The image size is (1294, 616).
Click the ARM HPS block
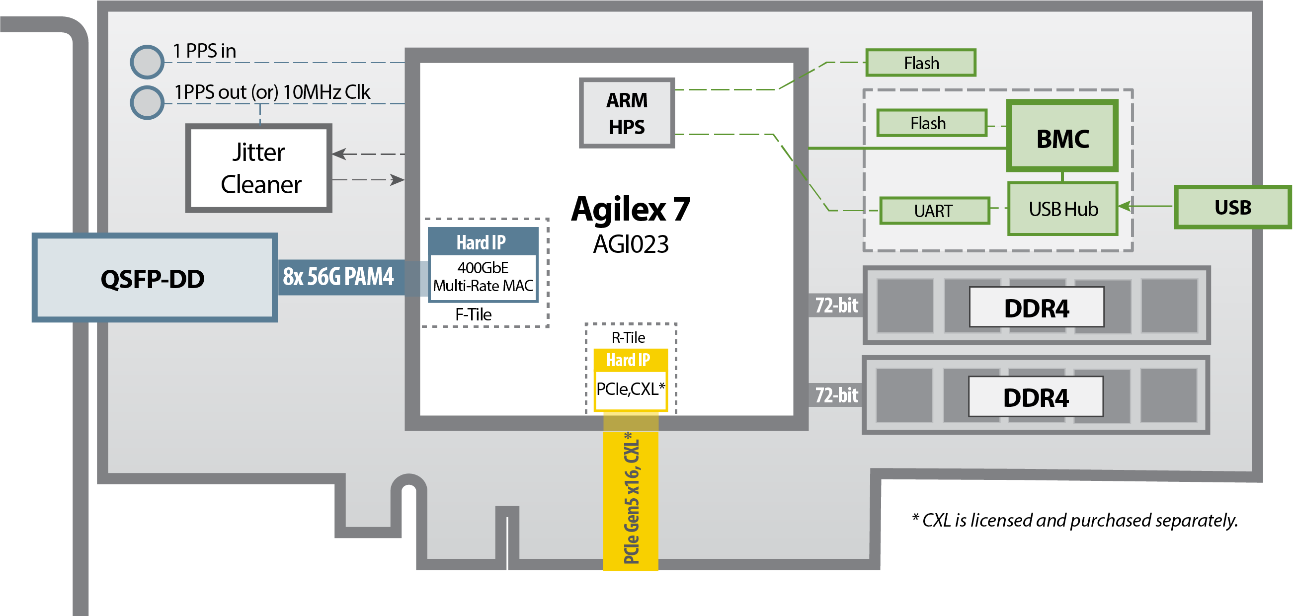coord(627,113)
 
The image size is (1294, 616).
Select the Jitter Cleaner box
coord(259,168)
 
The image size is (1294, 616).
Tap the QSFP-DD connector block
coord(155,278)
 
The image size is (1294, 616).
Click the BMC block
coord(1062,136)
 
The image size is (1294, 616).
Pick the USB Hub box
coord(1063,209)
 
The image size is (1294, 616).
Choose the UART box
coord(934,211)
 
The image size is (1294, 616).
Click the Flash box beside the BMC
coord(932,123)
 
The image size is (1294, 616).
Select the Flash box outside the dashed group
coord(921,63)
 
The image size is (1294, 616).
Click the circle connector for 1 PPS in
coord(147,62)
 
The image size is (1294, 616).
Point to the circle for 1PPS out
coord(147,103)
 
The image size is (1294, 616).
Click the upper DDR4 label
coord(1036,308)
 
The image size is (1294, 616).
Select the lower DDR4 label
coord(1036,397)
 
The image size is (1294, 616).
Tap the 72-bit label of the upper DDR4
coord(836,305)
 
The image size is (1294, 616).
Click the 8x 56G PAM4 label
coord(338,277)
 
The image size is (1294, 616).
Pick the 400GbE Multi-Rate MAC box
coord(483,277)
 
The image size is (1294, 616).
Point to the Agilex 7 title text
coord(631,209)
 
